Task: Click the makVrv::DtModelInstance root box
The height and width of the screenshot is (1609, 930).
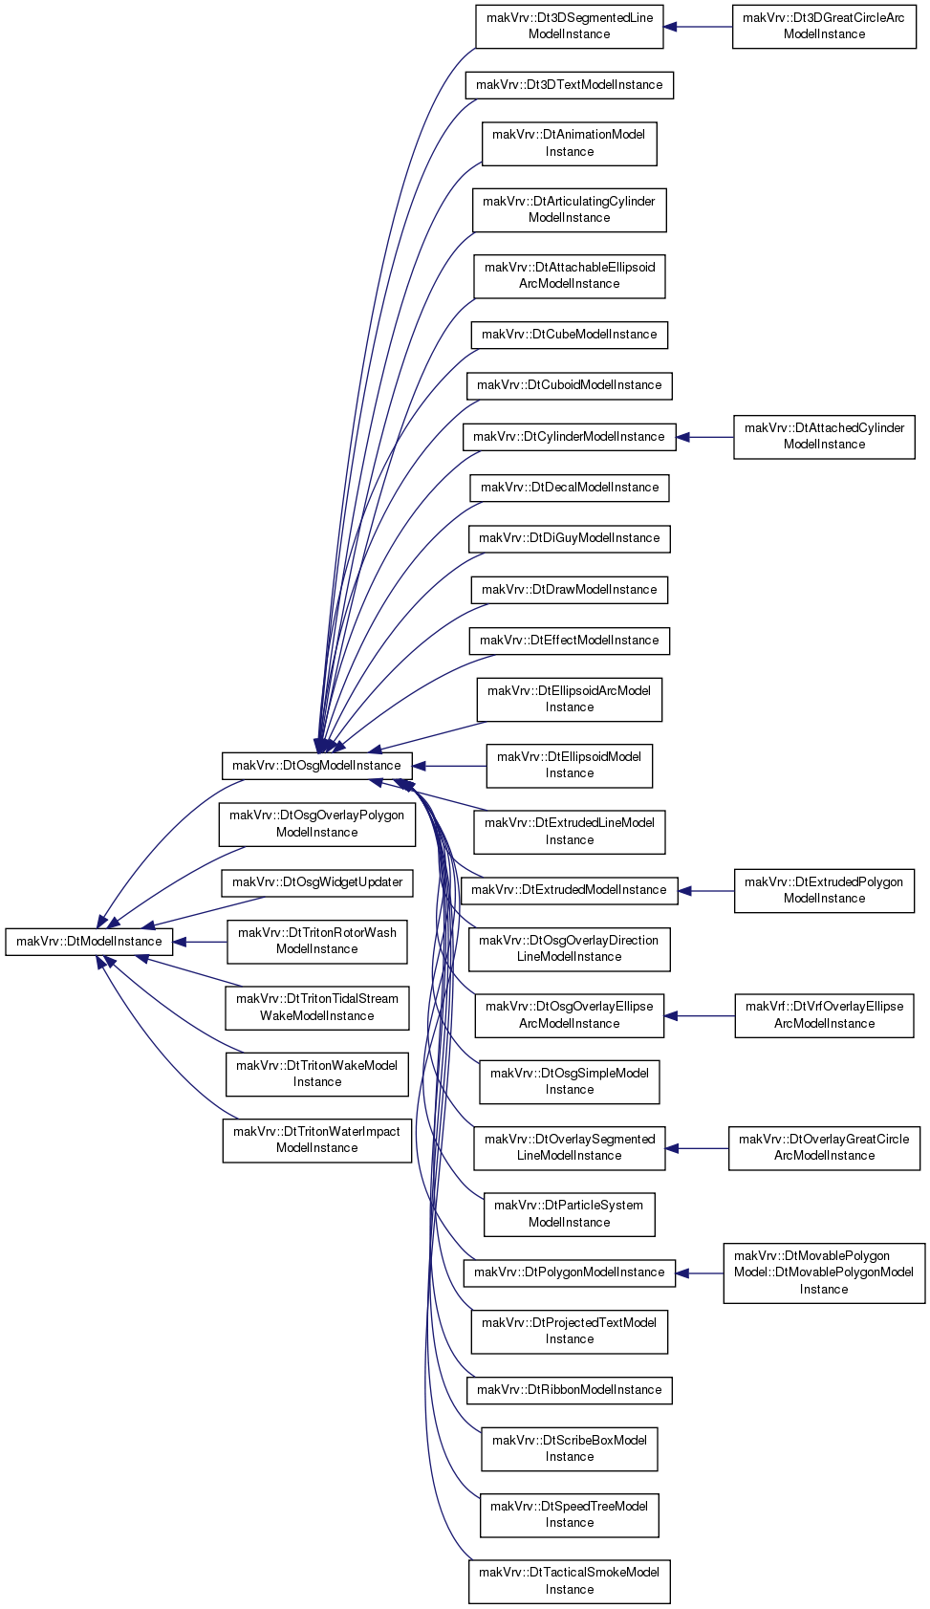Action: [x=89, y=942]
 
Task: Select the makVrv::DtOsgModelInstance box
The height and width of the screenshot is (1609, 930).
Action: [x=316, y=766]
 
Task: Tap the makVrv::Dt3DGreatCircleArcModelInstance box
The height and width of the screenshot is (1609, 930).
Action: [x=825, y=27]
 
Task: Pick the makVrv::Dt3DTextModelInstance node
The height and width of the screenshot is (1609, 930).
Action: [x=570, y=85]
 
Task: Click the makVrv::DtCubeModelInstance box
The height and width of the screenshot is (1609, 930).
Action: [x=570, y=335]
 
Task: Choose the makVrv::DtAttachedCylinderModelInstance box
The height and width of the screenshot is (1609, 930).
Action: [x=825, y=437]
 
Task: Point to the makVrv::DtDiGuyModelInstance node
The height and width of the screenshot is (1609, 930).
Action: [x=570, y=539]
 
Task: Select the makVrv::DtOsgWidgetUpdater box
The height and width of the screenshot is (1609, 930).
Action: [x=317, y=882]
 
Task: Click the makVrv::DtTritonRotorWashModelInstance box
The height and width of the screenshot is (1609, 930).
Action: [x=317, y=942]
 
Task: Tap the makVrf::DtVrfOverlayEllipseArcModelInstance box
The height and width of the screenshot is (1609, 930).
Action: [x=825, y=1016]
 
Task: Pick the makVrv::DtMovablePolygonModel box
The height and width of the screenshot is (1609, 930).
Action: [x=825, y=1273]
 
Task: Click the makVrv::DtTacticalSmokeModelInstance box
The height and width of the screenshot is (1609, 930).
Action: [x=570, y=1581]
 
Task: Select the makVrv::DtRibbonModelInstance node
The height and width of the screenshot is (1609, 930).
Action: [x=570, y=1391]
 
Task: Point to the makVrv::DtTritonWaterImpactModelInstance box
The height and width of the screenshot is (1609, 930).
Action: [x=317, y=1141]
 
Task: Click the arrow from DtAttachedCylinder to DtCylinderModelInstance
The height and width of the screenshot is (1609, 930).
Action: [x=704, y=437]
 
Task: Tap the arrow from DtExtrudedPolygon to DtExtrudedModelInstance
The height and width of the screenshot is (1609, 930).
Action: [x=706, y=891]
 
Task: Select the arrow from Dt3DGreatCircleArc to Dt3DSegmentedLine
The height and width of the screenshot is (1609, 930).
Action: [x=698, y=27]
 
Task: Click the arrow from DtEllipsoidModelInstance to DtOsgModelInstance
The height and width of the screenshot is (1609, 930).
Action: [x=449, y=766]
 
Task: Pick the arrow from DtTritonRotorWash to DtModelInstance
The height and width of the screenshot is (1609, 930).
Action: [x=201, y=942]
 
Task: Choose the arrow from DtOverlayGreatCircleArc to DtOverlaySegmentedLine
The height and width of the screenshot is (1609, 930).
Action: [x=697, y=1148]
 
